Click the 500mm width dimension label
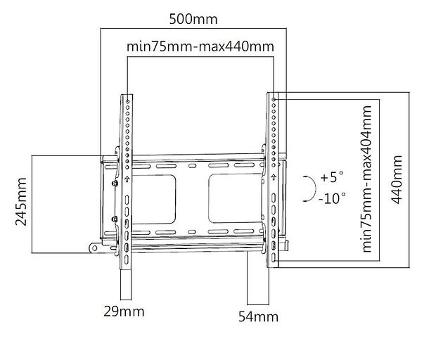(193, 19)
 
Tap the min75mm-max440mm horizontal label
(200, 46)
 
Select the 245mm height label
(21, 202)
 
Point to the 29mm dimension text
(124, 311)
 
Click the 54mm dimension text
(258, 316)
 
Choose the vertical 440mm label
(397, 179)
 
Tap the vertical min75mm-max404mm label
(367, 179)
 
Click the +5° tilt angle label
(332, 177)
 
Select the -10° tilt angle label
(332, 198)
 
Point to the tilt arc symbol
(315, 188)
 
